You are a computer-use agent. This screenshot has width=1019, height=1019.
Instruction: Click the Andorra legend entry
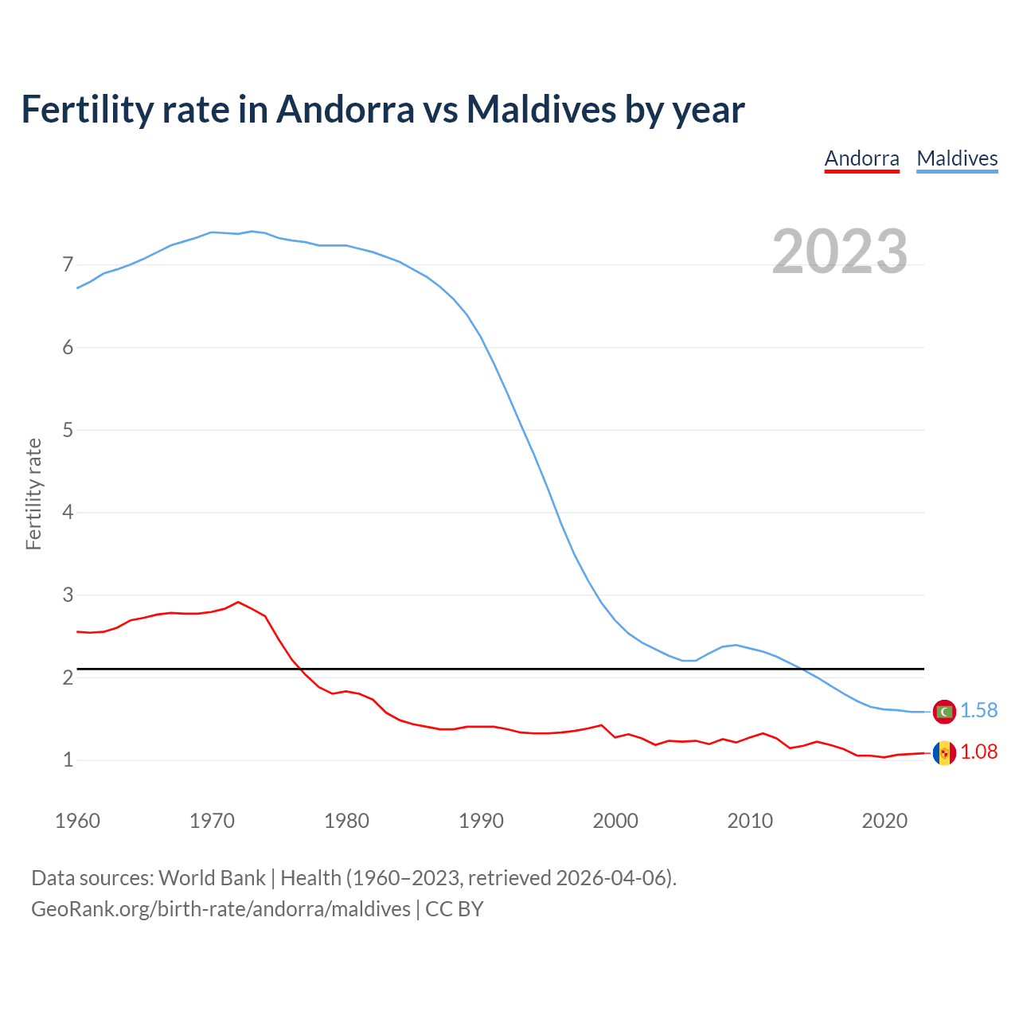[861, 158]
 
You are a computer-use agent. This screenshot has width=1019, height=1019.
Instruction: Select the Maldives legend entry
[957, 158]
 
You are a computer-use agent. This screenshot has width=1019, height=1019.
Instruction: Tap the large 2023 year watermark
[840, 252]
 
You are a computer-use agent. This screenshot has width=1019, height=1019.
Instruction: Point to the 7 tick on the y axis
[68, 264]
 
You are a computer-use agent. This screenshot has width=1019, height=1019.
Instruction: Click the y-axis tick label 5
[68, 430]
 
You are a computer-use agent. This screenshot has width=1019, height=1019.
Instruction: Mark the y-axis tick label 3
[68, 595]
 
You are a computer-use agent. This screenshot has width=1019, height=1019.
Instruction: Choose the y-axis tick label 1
[68, 760]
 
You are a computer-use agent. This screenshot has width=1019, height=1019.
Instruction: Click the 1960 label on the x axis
[77, 821]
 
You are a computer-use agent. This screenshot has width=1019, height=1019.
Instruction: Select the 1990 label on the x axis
[481, 821]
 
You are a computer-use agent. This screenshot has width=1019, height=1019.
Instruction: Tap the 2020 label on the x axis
[884, 821]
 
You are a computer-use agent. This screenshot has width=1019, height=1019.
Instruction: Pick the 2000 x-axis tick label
[615, 821]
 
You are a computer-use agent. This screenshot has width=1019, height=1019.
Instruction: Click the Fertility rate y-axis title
[33, 494]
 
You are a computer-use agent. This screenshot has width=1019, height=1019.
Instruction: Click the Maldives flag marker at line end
[944, 711]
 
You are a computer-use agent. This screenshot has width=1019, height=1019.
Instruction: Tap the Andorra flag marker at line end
[944, 752]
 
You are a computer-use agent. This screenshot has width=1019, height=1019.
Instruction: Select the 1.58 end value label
[979, 710]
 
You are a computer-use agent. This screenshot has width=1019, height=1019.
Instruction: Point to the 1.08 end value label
[979, 752]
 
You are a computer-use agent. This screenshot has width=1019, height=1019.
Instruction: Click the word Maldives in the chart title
[541, 109]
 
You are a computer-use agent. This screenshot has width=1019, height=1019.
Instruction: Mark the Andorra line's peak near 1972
[238, 602]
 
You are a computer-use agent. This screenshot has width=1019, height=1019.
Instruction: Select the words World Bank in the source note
[212, 878]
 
